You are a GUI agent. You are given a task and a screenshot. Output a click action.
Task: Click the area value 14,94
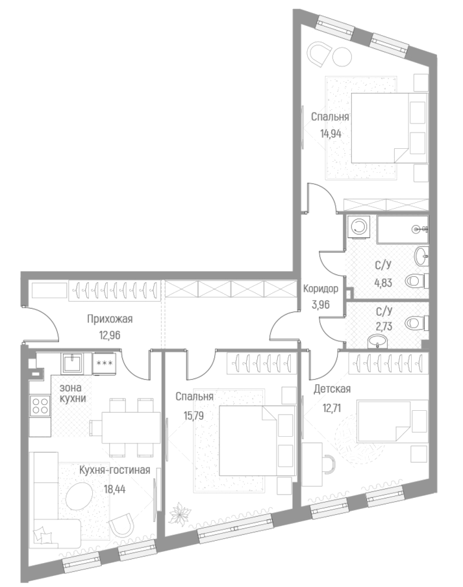point(331,136)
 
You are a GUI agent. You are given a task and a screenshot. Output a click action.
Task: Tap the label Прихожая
point(110,319)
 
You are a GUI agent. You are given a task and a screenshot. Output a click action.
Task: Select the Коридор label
point(321,289)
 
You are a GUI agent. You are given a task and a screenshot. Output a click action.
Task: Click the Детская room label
point(332,389)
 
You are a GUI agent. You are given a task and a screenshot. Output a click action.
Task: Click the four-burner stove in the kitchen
point(40,406)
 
